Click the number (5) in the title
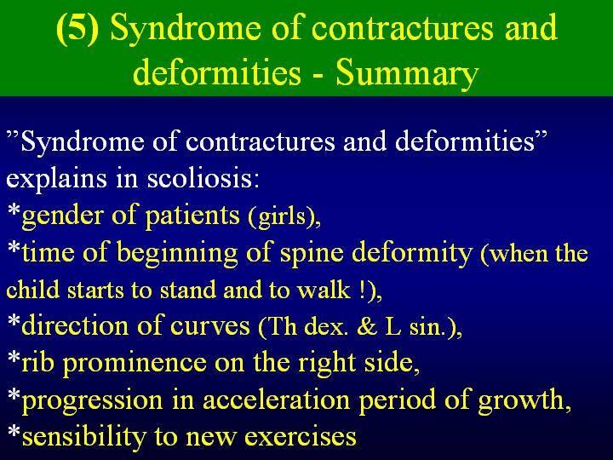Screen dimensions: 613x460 [77, 29]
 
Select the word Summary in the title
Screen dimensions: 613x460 [407, 73]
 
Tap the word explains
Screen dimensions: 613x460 [56, 179]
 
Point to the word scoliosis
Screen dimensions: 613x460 [203, 177]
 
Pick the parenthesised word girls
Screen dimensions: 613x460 [284, 216]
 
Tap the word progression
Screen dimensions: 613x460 [92, 400]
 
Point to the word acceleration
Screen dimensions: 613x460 [277, 400]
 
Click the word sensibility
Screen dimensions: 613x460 [83, 436]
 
